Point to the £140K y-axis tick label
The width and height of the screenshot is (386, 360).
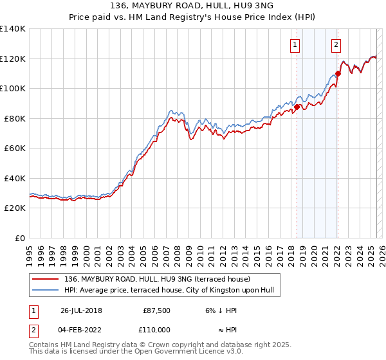(13, 29)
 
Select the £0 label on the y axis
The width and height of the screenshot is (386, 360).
(21, 238)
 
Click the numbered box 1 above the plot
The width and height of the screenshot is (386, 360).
(294, 44)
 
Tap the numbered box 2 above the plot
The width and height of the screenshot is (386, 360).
(336, 44)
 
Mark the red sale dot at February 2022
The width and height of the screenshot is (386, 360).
(338, 73)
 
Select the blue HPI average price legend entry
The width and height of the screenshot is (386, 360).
(169, 291)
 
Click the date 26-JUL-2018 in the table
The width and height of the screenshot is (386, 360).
(80, 310)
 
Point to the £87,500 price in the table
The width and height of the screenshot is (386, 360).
(157, 310)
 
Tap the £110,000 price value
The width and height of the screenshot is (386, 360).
(156, 329)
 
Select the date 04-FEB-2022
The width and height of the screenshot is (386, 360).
(80, 329)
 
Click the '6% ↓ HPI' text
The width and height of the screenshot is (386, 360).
(221, 310)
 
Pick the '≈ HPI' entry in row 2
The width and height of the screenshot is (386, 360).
(226, 329)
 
